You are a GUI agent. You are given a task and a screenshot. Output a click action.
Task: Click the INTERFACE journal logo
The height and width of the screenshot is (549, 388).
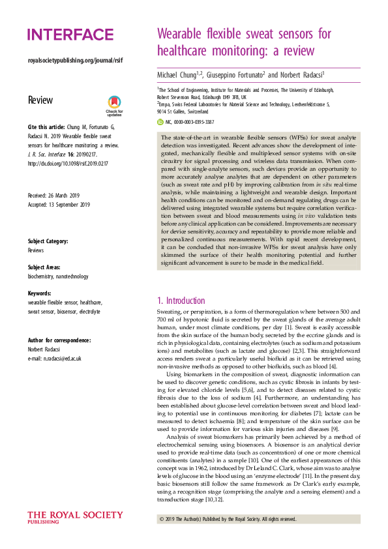point(70,35)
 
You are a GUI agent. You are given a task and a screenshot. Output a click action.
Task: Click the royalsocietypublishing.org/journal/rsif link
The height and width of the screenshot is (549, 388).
point(75,61)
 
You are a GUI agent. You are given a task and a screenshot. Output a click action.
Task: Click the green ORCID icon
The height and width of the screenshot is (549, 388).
point(160,122)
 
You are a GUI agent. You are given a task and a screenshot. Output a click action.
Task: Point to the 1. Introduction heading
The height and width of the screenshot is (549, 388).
point(181,301)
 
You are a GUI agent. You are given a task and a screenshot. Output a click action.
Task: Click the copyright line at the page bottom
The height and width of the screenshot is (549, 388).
point(228,519)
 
